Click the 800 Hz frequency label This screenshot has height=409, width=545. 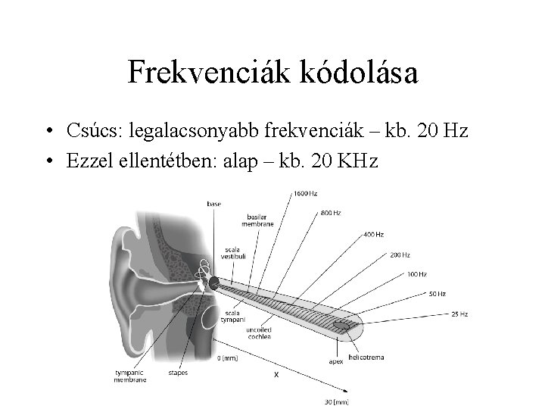click(332, 213)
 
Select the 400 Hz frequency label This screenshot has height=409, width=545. click(373, 234)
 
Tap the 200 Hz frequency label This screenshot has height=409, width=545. click(400, 254)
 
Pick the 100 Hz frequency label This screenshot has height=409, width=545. click(416, 273)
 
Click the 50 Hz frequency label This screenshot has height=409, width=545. click(436, 293)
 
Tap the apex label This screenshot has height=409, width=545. click(335, 362)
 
